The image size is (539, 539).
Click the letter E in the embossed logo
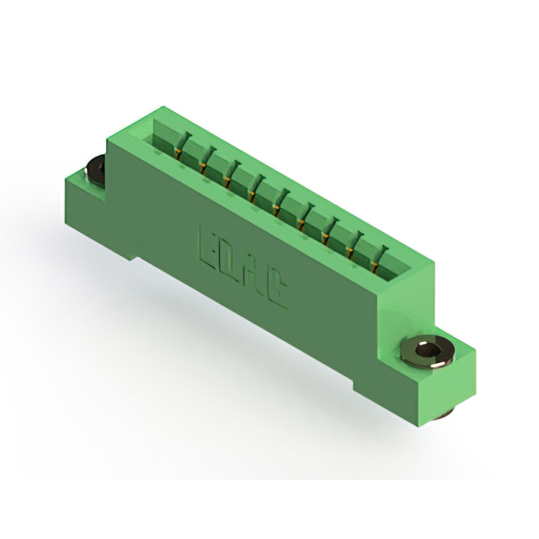point(207,244)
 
